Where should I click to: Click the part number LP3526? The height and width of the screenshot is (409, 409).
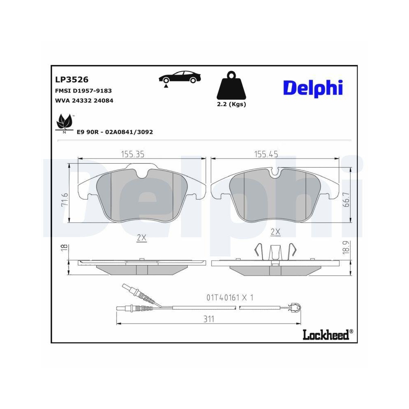click(x=72, y=79)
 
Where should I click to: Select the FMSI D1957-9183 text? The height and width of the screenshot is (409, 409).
click(x=83, y=91)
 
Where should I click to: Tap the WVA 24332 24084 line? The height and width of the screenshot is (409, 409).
click(x=84, y=100)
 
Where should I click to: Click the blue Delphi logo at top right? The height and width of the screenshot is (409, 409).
click(x=313, y=88)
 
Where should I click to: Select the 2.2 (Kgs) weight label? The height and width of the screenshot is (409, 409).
click(x=231, y=104)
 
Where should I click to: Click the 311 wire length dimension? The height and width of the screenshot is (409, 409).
click(x=209, y=319)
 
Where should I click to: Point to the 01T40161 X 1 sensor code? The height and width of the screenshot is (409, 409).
click(x=229, y=298)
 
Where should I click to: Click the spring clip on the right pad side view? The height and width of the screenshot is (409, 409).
click(x=275, y=252)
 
